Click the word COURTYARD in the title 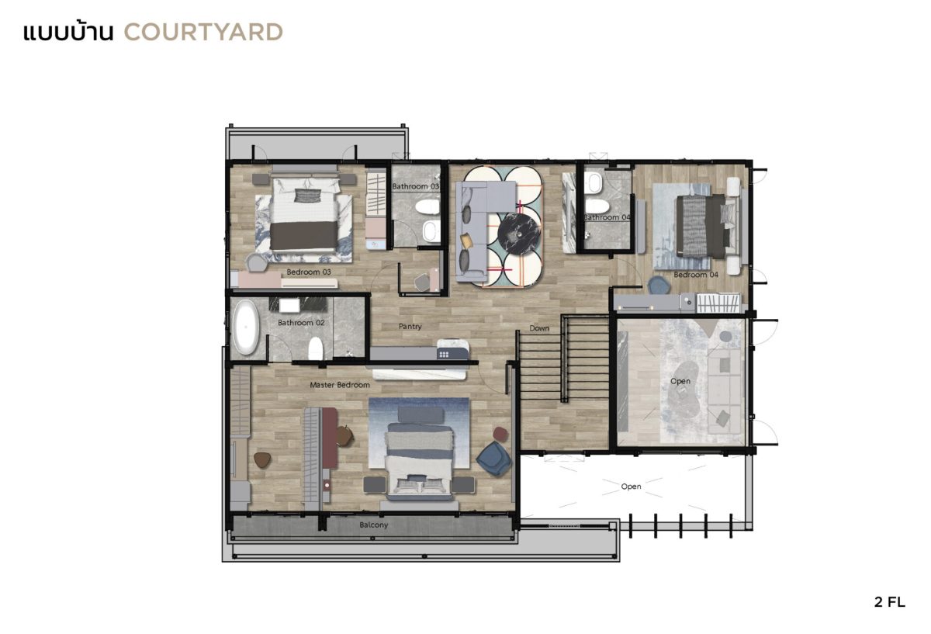203,33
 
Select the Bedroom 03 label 309,272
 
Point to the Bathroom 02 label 301,323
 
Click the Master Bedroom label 340,385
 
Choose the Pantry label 410,327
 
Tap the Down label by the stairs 539,328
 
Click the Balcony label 374,525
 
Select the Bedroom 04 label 696,275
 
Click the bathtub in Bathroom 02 246,327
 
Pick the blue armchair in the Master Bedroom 494,459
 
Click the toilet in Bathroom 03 427,206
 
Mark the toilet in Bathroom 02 316,348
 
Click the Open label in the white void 631,487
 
